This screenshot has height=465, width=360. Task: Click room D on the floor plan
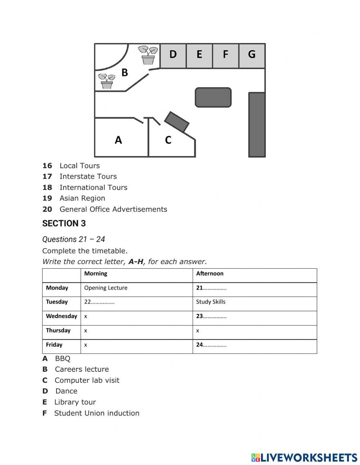[x=173, y=55]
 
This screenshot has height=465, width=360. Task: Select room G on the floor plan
[x=252, y=55]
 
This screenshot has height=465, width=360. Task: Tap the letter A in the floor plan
[x=118, y=140]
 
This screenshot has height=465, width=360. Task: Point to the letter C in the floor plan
[x=168, y=140]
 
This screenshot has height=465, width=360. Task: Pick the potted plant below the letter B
[x=107, y=81]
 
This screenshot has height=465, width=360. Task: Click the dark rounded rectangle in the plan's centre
[x=213, y=97]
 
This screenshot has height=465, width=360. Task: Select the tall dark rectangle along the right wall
[x=257, y=124]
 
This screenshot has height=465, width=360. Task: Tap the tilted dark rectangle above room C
[x=177, y=122]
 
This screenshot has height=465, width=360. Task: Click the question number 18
[x=47, y=187]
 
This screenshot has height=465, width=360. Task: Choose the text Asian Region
[x=82, y=198]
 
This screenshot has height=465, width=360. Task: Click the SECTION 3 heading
[x=64, y=224]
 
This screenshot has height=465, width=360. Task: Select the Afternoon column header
[x=210, y=273]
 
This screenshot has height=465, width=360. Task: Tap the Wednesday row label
[x=62, y=316]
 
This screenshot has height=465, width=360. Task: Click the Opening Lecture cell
[x=106, y=288]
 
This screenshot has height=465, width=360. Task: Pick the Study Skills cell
[x=211, y=302]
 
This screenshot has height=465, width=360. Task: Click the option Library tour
[x=75, y=402]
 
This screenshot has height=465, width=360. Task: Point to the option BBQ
[x=63, y=358]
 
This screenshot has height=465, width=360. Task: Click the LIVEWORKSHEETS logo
[x=304, y=457]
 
